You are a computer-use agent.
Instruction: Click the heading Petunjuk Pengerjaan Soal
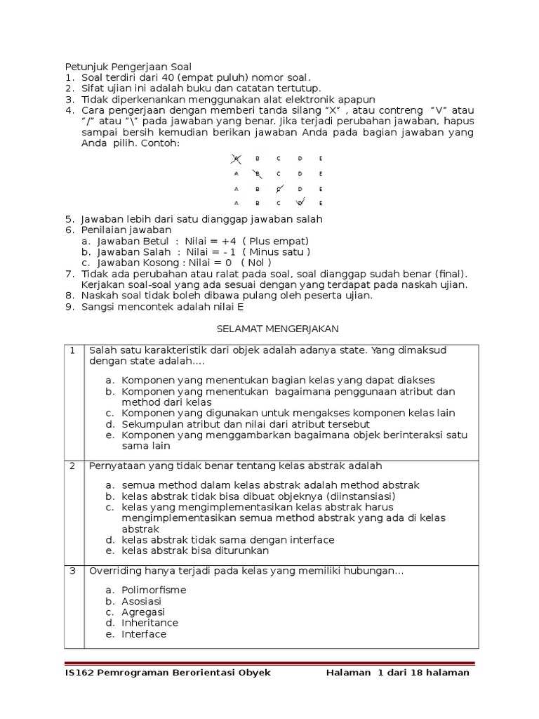point(128,67)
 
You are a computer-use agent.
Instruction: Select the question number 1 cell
point(73,350)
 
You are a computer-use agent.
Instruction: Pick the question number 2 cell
point(73,466)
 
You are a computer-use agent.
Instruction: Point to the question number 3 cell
point(73,571)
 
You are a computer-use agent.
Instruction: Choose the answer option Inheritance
point(149,623)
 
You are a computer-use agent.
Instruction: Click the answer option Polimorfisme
point(154,590)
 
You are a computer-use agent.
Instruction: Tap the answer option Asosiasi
point(141,601)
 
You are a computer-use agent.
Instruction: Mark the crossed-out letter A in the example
point(236,159)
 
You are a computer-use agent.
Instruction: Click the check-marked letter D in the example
point(300,203)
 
